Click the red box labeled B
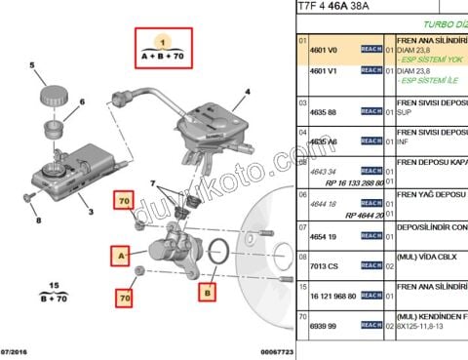tap(208, 290)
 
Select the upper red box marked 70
tap(124, 202)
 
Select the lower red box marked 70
tap(124, 296)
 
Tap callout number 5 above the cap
tap(31, 66)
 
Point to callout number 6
tap(81, 101)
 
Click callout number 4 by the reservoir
tap(248, 94)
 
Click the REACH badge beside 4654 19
tap(371, 236)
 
